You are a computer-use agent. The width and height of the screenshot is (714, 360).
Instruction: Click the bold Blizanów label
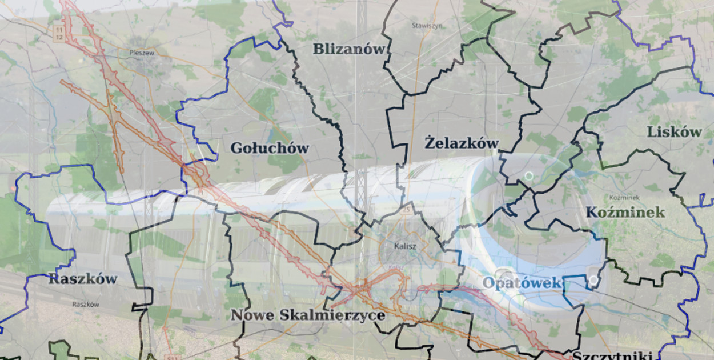click(x=349, y=49)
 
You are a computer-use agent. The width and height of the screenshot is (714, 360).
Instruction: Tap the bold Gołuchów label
click(x=269, y=149)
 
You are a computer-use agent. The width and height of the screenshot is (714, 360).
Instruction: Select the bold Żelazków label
click(x=462, y=143)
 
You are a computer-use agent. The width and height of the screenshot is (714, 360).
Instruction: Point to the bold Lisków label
click(x=674, y=132)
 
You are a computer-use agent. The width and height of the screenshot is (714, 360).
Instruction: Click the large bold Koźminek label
click(x=625, y=213)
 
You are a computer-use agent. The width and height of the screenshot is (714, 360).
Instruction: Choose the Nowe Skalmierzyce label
click(x=307, y=315)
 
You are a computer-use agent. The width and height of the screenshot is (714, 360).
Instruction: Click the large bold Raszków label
click(x=82, y=279)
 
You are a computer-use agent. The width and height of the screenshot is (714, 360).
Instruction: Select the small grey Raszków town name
click(x=86, y=305)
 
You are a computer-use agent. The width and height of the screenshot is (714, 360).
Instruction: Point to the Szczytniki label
click(x=612, y=355)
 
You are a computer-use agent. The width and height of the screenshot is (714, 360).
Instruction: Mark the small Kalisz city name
click(x=405, y=246)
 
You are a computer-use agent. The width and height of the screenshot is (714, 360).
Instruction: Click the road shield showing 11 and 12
click(x=59, y=33)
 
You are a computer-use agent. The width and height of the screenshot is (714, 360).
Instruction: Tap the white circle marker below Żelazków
click(x=529, y=175)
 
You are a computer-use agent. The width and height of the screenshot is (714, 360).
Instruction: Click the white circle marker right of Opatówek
click(x=594, y=280)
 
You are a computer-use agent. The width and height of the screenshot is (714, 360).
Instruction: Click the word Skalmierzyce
click(x=332, y=315)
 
